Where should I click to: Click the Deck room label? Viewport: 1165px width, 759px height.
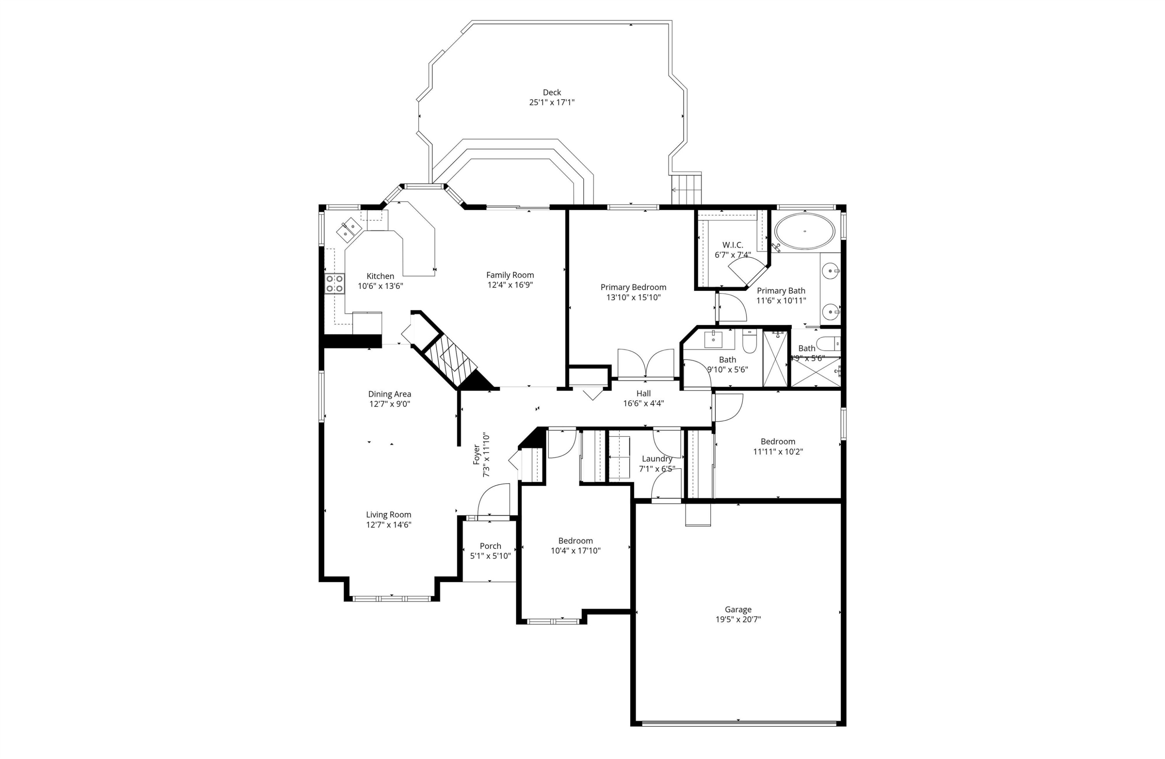point(552,92)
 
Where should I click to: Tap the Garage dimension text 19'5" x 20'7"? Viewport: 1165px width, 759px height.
point(738,620)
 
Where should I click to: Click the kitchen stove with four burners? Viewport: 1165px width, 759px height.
point(335,283)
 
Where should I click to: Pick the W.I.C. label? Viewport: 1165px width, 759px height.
point(732,245)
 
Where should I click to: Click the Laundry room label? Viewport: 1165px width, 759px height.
point(657,459)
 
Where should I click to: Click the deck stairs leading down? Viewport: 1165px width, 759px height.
point(686,189)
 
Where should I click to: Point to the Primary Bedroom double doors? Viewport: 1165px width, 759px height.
point(646,364)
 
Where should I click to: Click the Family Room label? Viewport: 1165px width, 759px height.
point(510,275)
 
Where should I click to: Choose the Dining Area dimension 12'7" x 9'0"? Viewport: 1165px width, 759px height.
point(389,404)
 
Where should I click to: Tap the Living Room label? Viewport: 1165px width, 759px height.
point(389,515)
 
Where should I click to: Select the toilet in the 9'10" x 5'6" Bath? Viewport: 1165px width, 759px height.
point(749,341)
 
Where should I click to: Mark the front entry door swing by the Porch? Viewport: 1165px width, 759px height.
point(494,500)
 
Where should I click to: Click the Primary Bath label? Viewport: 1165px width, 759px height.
point(781,291)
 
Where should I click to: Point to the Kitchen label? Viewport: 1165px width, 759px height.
point(380,276)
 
